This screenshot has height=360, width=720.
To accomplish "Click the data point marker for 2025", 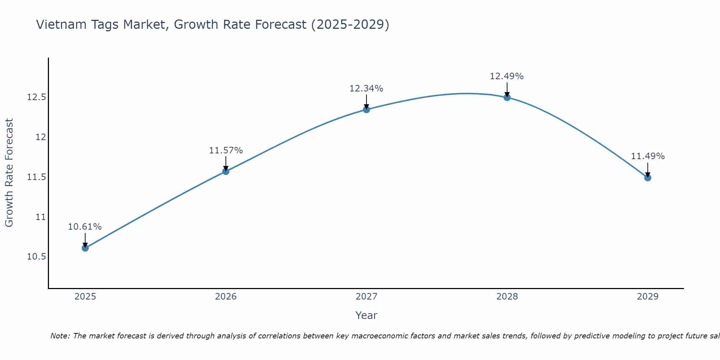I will pos(85,248).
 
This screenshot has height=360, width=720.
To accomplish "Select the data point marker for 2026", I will pos(226,171).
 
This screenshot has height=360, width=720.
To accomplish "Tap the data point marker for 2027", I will pos(366,109).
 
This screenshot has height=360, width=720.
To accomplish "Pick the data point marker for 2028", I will pos(507,97).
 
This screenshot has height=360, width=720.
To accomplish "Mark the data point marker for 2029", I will pos(648,177).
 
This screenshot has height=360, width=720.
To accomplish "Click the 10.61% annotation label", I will pos(85,227).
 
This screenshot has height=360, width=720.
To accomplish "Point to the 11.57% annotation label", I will pos(226,150).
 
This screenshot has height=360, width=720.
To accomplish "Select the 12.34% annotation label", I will pos(366,88).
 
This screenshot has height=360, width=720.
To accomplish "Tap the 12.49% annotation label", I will pos(507,76).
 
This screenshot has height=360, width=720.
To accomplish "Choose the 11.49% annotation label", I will pos(648,156).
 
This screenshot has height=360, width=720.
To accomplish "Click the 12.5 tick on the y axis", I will pos(36,97).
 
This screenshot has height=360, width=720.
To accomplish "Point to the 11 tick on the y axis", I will pos(41,217).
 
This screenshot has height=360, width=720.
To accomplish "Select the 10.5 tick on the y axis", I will pos(36,257).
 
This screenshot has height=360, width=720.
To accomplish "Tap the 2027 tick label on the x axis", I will pos(366,297).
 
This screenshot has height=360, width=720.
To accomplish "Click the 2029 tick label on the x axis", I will pos(648,297).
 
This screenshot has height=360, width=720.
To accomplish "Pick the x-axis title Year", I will pos(366,315).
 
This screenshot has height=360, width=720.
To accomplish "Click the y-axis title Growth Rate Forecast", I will pos(9,173).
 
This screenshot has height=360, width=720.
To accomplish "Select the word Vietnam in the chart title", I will pos(60,24).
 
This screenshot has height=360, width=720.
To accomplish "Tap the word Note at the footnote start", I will pos(60,336).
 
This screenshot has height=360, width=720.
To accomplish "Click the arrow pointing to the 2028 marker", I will pos(507,89).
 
